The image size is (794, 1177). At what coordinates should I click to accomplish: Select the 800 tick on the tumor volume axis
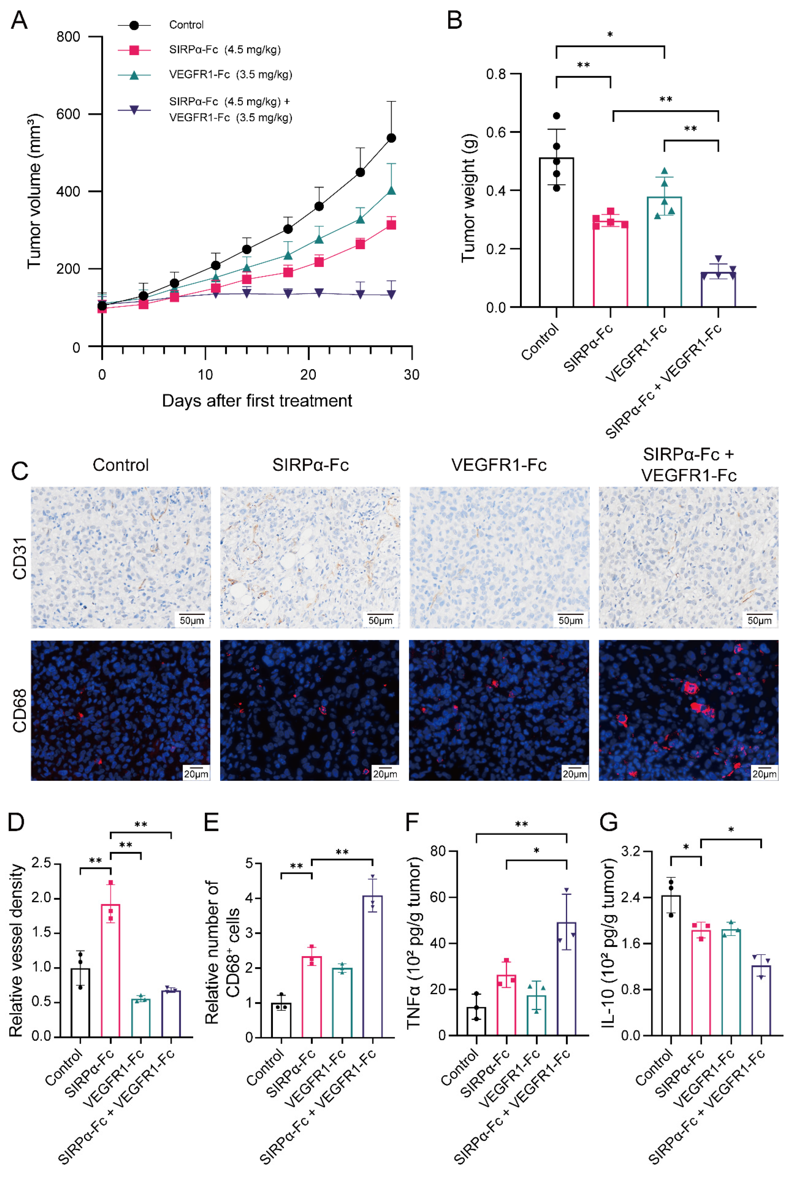click(68, 37)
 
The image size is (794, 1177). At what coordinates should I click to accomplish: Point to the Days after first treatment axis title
click(257, 401)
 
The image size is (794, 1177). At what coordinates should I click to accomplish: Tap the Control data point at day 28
click(391, 138)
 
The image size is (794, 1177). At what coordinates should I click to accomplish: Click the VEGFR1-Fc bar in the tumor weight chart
click(664, 251)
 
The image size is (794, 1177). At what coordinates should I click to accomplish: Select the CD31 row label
click(19, 558)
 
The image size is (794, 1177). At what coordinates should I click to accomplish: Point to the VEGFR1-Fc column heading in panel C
click(499, 465)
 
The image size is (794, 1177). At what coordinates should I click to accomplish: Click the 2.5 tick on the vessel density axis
click(42, 863)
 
